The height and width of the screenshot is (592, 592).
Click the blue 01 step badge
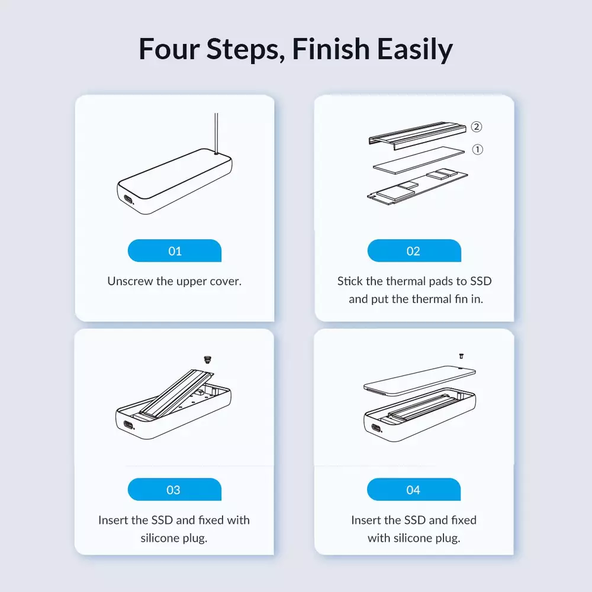click(175, 250)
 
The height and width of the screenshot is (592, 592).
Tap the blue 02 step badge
click(414, 250)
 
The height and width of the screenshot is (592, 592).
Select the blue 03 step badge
click(175, 490)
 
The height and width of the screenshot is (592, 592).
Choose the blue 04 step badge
click(414, 490)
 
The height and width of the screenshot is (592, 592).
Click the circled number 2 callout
click(477, 127)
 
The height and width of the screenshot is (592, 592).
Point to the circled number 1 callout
click(478, 150)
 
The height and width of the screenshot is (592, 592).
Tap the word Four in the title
click(169, 49)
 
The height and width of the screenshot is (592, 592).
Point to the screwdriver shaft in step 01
click(216, 133)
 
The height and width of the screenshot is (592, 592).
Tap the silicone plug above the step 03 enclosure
click(207, 359)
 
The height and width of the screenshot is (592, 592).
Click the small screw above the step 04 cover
click(461, 356)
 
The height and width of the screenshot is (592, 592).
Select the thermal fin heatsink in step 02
click(417, 136)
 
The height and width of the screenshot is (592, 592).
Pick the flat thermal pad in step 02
click(419, 160)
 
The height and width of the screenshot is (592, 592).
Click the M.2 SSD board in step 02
click(417, 186)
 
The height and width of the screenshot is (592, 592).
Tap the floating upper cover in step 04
click(420, 380)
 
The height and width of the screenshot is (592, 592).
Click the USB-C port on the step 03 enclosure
click(128, 425)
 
